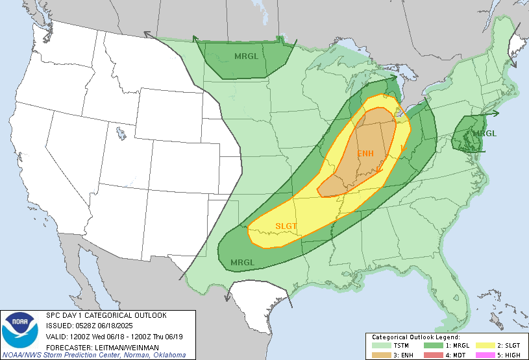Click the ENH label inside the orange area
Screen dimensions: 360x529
click(x=366, y=154)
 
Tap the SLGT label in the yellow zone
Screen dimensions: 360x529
click(x=286, y=226)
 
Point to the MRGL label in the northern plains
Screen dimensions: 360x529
click(x=247, y=56)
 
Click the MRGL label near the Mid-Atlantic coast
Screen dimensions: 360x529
click(x=484, y=134)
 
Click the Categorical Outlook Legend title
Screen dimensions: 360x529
click(x=415, y=337)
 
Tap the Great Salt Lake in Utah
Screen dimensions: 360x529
click(x=121, y=134)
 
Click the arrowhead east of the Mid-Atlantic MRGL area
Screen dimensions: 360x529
click(x=497, y=114)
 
